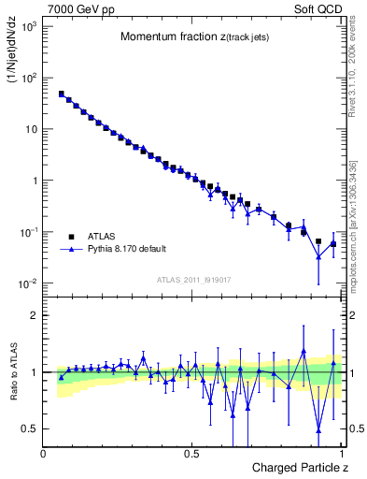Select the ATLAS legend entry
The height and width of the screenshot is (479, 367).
pos(104,237)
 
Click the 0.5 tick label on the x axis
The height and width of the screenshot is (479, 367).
pos(192,454)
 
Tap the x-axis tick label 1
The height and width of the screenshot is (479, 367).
pos(341,454)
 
